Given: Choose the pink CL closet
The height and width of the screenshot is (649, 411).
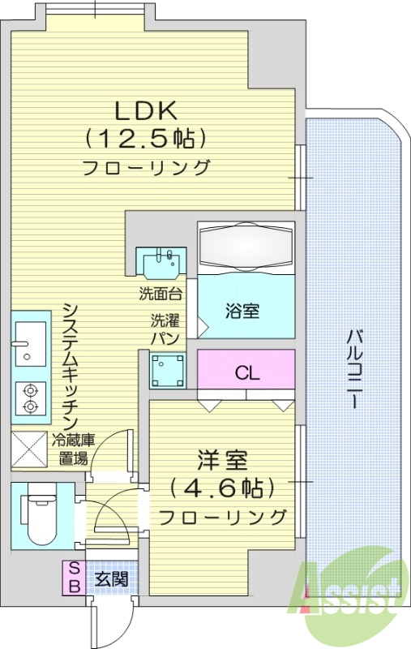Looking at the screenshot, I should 246,373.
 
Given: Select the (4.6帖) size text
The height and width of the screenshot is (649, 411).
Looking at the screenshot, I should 221,488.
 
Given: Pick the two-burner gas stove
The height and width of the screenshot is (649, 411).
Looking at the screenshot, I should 29,398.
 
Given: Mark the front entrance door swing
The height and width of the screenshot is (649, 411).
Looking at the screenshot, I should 107,621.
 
